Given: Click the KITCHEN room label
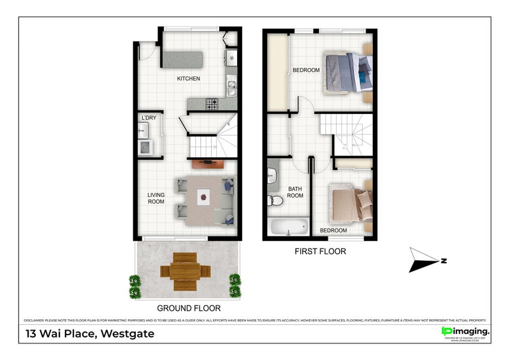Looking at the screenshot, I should (189, 79).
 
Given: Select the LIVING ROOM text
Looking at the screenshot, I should (156, 198).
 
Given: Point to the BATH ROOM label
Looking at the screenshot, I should (295, 192).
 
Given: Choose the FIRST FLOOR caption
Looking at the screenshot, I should (320, 252).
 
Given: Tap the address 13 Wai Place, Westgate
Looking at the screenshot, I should (89, 334).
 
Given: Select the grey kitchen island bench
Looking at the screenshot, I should (182, 59).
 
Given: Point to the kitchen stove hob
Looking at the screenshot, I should (211, 103).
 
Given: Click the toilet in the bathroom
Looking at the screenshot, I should (277, 201).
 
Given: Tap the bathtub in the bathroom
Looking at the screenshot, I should (288, 227).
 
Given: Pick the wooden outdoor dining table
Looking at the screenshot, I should (186, 271).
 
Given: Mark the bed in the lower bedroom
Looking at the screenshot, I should (347, 203).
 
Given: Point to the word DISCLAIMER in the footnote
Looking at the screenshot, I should (37, 320).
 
